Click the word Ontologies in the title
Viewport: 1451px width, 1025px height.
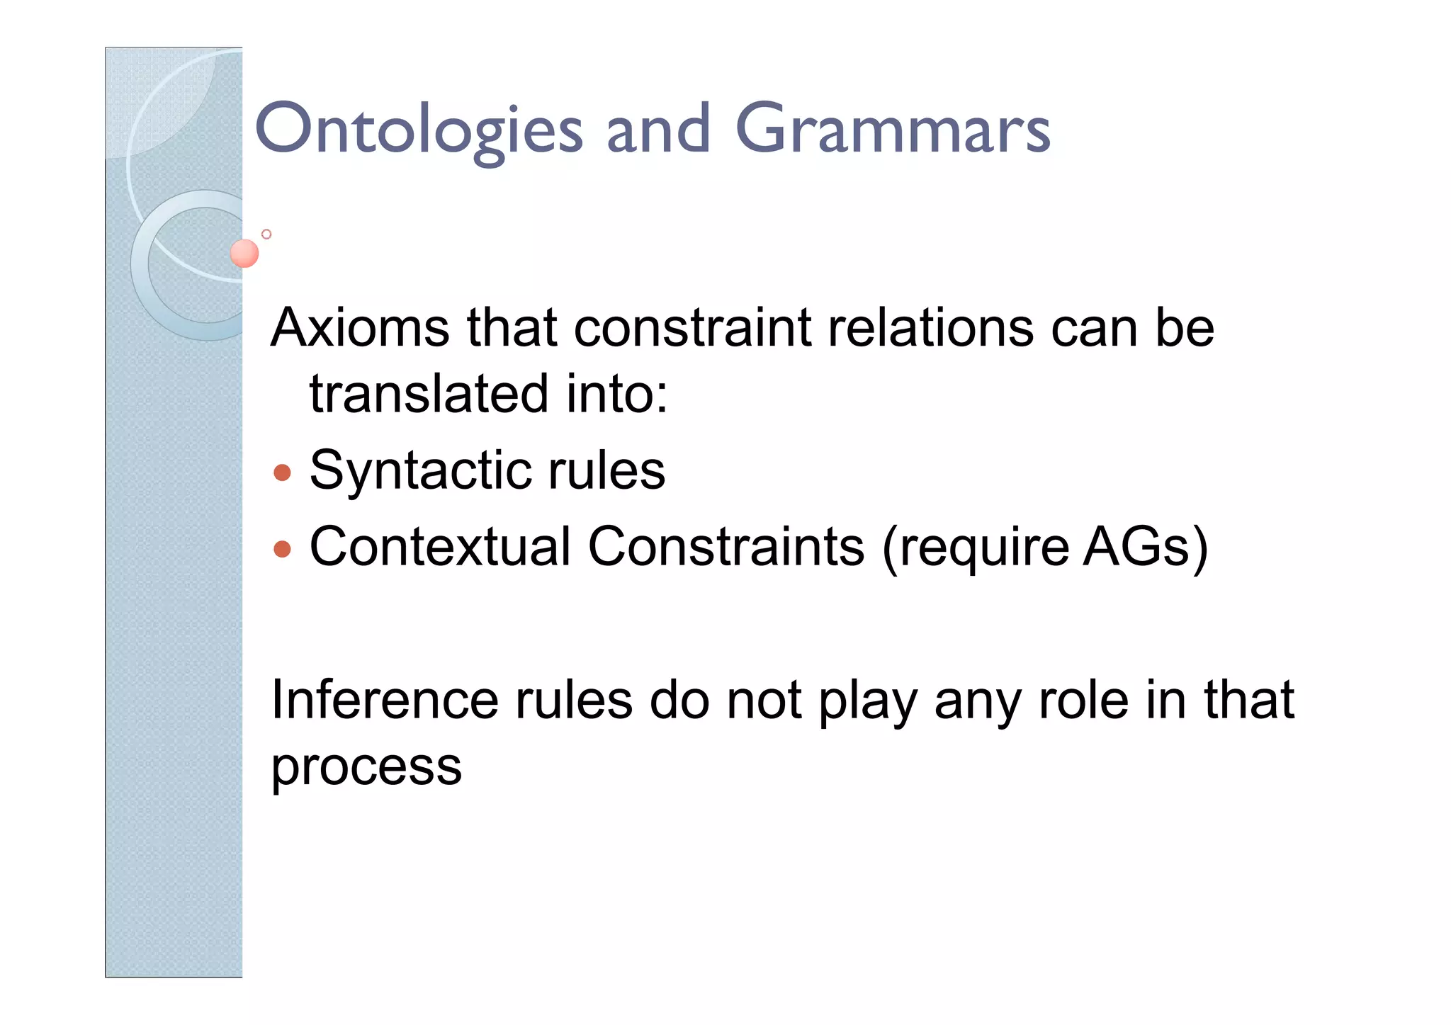click(x=418, y=130)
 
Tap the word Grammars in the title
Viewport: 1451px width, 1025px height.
click(x=893, y=130)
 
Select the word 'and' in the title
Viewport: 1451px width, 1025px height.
click(x=658, y=130)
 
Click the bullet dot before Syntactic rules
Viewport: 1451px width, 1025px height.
click(x=282, y=472)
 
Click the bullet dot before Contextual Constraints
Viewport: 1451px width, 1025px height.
click(x=282, y=549)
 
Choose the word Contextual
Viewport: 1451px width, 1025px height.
click(x=440, y=547)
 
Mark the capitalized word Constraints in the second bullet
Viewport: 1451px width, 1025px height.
click(x=726, y=547)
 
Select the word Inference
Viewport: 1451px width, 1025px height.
click(x=384, y=700)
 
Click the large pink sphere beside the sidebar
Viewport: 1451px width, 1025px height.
click(x=244, y=253)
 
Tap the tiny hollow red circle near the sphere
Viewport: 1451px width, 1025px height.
click(x=266, y=234)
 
